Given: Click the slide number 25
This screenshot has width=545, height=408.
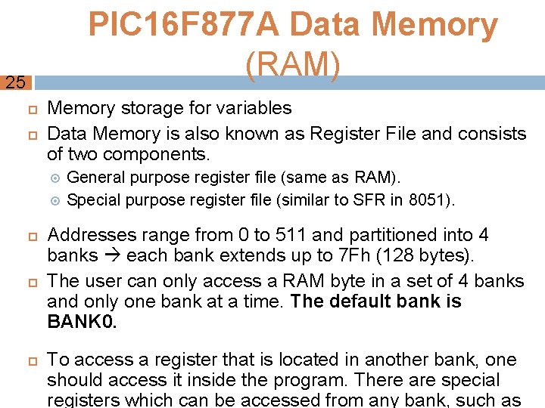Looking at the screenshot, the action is pos(14,83).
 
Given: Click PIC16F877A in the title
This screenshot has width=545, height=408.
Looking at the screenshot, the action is pos(185,26).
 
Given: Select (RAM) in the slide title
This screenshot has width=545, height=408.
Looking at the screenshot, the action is pos(293,66).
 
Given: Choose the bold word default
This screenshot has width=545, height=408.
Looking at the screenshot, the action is pos(357,301).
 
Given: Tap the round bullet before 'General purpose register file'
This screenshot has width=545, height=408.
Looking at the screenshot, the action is pos(54,178).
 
